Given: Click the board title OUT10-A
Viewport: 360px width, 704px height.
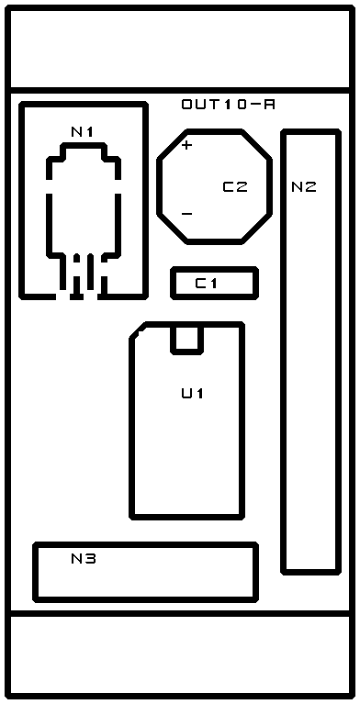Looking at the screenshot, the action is coord(229,105).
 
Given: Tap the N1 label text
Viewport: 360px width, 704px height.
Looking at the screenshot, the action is coord(83,131).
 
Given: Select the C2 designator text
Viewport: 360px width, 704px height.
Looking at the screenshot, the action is coord(235,186).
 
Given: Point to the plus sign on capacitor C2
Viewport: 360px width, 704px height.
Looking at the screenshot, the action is coord(186,145).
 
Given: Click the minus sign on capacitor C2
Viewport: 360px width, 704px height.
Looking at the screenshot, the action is coord(186,214).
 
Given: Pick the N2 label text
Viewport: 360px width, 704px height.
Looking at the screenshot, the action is coord(304,186).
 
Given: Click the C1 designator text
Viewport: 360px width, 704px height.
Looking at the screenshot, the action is coord(207,284).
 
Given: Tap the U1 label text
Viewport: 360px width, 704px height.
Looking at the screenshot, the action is coord(193,394).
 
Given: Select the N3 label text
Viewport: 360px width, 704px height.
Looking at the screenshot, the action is coord(84,559).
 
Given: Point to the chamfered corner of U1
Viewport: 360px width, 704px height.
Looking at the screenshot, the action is coord(138,330).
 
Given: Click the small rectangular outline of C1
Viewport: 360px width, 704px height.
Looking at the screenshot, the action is coord(214,269).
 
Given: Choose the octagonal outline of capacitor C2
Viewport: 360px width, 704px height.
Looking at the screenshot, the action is coord(214,131).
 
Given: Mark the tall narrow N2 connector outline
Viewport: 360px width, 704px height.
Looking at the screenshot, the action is coord(284,352).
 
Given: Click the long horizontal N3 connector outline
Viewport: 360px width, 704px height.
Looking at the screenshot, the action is coord(146,544).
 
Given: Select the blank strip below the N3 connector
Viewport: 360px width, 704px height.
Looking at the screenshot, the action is coord(180,654).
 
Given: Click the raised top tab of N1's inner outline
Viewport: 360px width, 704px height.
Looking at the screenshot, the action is coord(84,145).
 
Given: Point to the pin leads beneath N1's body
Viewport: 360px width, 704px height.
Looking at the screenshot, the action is coord(84,274).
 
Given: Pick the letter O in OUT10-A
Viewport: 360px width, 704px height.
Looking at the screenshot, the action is coord(187,105).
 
